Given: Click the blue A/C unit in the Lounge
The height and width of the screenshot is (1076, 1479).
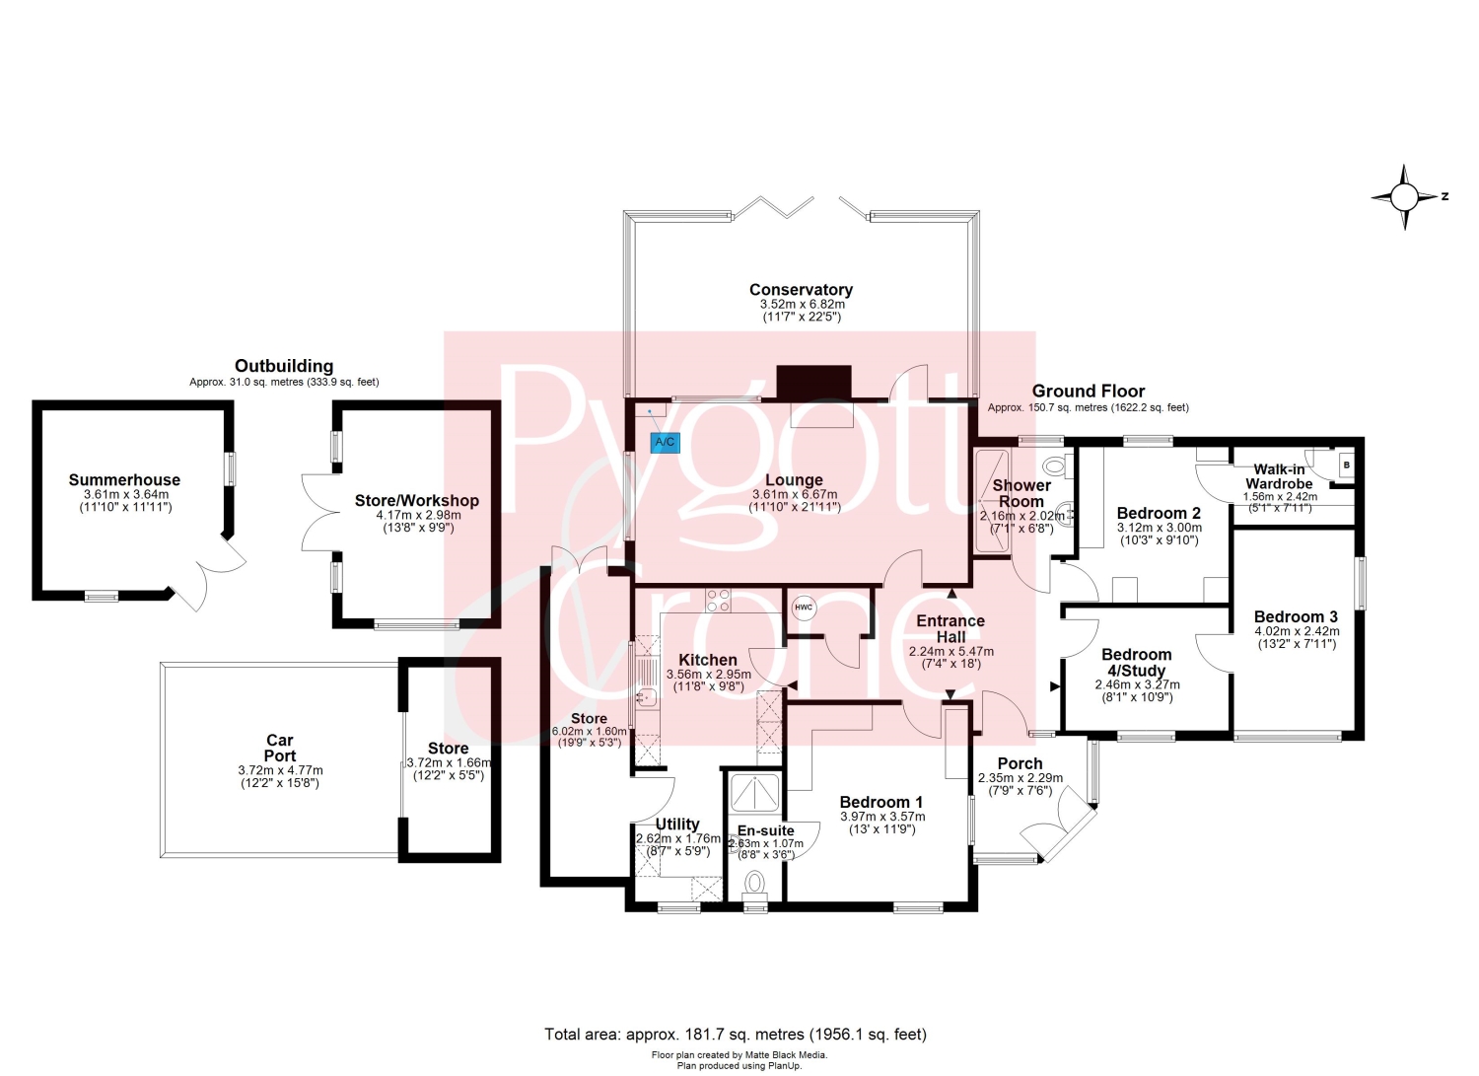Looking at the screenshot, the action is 665,442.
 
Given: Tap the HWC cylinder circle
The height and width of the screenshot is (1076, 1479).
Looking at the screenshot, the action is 804,608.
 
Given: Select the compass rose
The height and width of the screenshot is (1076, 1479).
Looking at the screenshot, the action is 1405,197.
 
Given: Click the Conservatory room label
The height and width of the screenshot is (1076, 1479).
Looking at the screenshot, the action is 801,289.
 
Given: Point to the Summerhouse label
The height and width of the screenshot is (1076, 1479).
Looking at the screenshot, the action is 124,479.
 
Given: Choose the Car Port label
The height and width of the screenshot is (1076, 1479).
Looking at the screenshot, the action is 280,748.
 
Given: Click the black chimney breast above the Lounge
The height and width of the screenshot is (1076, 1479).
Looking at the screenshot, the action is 814,382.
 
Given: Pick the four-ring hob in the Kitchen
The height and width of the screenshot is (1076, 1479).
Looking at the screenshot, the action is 719,601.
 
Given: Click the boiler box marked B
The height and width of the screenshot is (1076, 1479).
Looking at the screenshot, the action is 1347,465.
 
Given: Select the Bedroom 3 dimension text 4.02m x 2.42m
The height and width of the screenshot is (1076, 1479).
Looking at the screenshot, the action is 1297,631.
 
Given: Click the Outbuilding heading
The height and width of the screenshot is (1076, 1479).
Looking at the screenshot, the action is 284,366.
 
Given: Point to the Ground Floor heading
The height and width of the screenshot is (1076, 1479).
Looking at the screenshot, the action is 1089,391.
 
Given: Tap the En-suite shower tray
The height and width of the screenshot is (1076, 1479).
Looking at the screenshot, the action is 754,792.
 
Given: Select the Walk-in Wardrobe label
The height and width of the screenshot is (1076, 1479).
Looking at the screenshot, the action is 1279,476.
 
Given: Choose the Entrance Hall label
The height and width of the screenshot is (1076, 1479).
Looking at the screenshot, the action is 951,629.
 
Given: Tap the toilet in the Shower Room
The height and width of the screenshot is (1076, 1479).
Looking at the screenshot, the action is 1060,465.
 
